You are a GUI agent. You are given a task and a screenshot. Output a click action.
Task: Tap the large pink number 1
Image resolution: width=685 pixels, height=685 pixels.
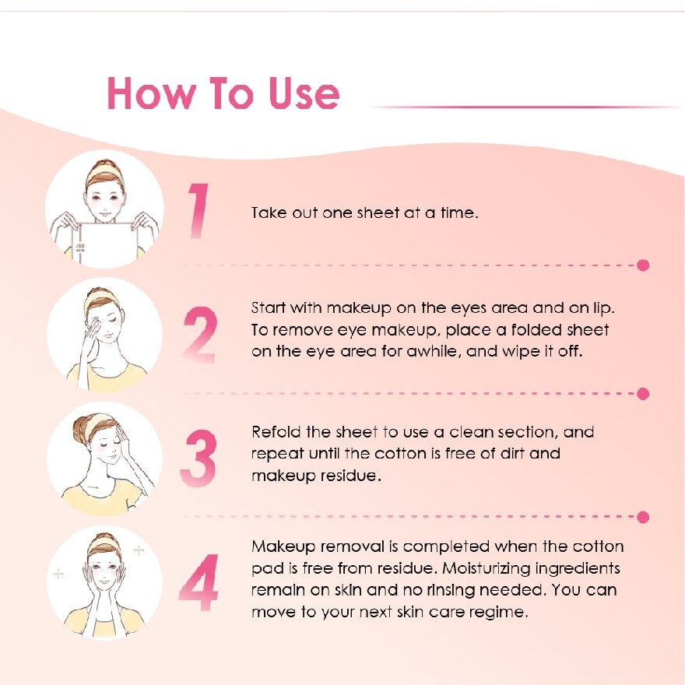pos(199,211)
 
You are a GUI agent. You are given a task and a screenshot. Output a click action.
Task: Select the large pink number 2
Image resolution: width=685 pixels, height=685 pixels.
pos(199,335)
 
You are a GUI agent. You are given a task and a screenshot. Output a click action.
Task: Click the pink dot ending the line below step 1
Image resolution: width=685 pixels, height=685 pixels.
pos(643,265)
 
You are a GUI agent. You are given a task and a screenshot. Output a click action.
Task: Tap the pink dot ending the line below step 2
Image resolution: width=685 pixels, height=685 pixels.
pos(643,394)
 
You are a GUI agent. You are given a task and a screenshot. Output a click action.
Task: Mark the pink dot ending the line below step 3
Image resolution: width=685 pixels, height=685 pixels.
pos(643,517)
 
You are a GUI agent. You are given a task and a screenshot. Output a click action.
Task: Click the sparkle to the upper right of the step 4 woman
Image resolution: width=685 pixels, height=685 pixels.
pos(139,551)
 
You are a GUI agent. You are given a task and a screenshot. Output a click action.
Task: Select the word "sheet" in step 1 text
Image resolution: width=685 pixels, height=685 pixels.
pos(378,213)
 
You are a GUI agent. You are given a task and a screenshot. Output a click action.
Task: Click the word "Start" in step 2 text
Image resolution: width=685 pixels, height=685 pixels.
pos(269,307)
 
